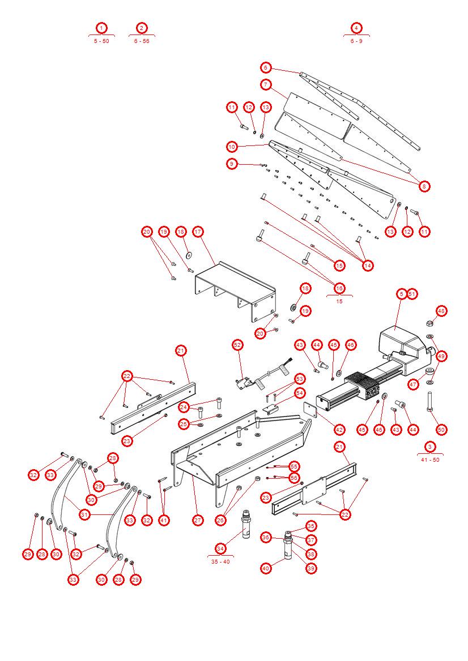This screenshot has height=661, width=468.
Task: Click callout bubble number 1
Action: tap(101, 28)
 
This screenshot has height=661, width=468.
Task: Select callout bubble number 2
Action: tap(142, 28)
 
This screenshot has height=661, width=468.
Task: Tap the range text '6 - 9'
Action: tap(356, 41)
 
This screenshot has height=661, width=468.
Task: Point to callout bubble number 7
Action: tap(266, 84)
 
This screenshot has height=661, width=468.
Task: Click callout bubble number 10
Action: tap(232, 147)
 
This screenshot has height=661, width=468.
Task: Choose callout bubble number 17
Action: tap(198, 231)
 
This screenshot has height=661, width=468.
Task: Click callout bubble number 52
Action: tap(237, 345)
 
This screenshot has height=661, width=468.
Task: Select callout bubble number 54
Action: tap(300, 393)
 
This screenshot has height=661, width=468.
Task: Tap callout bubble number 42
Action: tap(339, 430)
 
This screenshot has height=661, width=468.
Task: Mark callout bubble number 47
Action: tap(413, 384)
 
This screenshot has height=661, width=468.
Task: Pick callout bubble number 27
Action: tap(198, 520)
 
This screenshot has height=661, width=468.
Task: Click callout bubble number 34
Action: tap(220, 548)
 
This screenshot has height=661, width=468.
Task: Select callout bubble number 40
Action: tap(266, 568)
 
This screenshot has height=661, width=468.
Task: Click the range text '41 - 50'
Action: tap(430, 460)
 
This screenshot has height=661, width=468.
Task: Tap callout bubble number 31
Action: tap(84, 514)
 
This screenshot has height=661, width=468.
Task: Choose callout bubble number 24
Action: tap(184, 407)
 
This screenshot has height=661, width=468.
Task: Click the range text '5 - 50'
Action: tap(101, 41)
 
